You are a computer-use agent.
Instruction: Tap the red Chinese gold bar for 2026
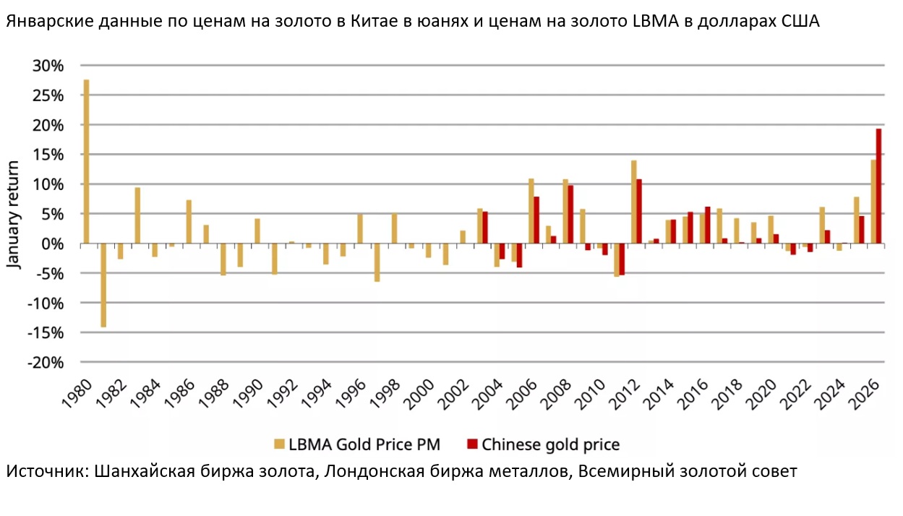878,186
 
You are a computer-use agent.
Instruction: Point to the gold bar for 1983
137,215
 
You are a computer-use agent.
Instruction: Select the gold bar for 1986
189,222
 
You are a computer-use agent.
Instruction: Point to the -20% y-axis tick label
46,363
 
